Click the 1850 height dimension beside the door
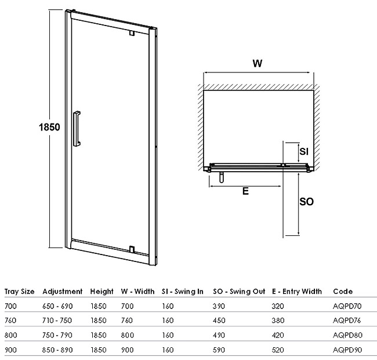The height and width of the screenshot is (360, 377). click(49, 127)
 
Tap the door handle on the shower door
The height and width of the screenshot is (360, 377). click(77, 129)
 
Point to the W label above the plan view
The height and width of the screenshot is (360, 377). click(258, 63)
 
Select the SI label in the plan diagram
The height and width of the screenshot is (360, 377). click(304, 151)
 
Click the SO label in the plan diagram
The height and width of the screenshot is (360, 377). click(307, 201)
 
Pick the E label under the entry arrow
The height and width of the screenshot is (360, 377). click(245, 191)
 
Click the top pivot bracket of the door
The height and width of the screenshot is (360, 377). click(132, 32)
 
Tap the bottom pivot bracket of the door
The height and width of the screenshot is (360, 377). click(132, 249)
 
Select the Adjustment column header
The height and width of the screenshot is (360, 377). click(63, 292)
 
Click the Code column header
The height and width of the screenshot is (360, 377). click(343, 292)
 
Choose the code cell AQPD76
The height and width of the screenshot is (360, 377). click(347, 321)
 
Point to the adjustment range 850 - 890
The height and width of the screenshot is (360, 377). click(57, 350)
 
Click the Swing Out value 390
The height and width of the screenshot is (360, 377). click(219, 306)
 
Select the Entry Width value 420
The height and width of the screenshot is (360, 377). click(278, 335)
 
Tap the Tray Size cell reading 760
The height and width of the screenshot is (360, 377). click(10, 321)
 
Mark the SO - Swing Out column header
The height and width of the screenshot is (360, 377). click(239, 292)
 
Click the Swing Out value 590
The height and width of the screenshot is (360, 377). click(219, 350)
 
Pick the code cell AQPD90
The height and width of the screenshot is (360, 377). click(347, 350)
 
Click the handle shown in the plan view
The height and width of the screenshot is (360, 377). click(222, 177)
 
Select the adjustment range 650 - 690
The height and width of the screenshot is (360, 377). click(57, 306)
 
